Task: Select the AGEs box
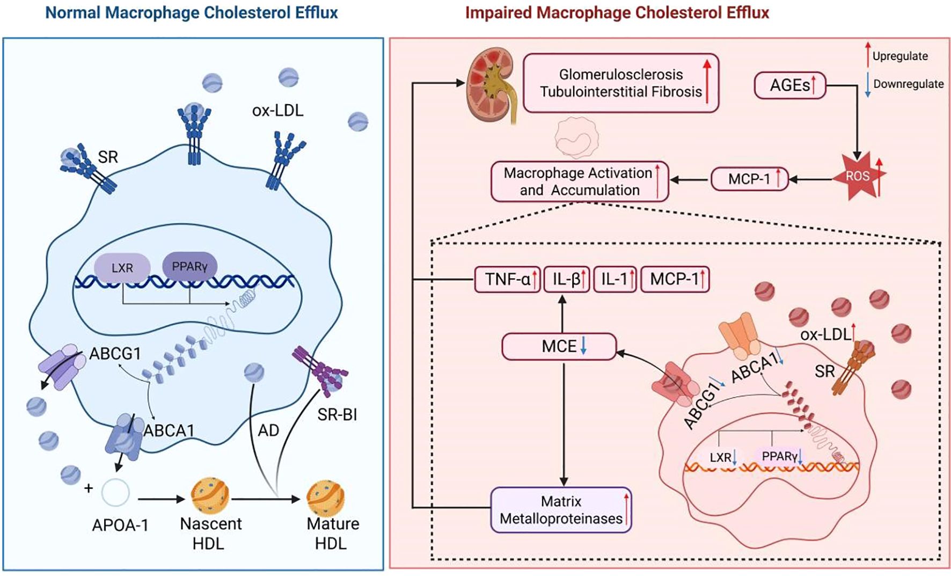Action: (789, 85)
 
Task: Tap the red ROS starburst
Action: (858, 176)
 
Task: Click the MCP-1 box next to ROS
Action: (749, 179)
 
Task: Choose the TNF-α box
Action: (508, 279)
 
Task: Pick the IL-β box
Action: (567, 279)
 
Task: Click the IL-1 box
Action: (615, 279)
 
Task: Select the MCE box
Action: (559, 346)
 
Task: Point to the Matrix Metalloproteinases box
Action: (561, 510)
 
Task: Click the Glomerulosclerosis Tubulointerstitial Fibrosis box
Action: (621, 83)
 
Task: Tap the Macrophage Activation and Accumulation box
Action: (579, 181)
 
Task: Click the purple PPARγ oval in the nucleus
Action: (189, 266)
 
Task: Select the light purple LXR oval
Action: (122, 268)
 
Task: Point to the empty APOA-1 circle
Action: (115, 492)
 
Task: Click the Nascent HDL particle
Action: (210, 496)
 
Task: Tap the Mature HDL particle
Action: (325, 498)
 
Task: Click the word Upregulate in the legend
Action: (900, 56)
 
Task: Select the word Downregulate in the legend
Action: (908, 84)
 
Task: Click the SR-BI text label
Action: (337, 414)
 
